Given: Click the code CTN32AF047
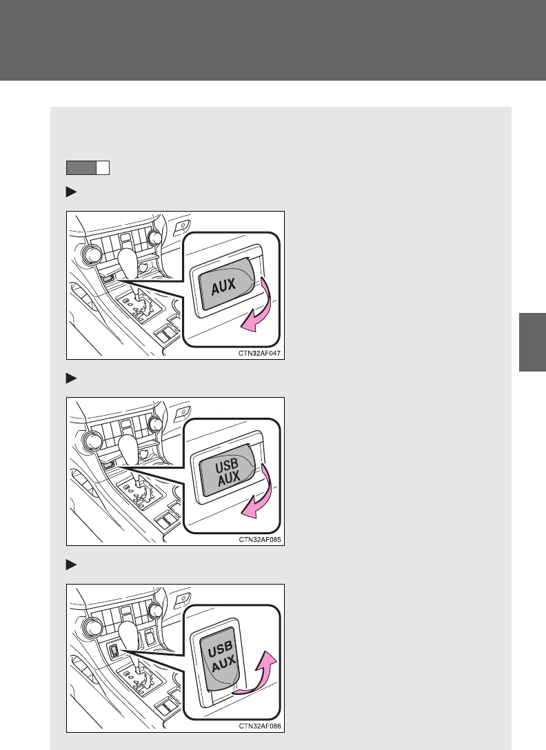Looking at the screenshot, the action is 259,354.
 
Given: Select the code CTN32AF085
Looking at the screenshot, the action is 259,540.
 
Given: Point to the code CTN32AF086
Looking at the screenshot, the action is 259,726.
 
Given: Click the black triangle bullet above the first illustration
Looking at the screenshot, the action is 71,192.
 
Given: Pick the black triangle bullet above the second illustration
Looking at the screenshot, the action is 71,378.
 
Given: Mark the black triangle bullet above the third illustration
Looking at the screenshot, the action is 71,565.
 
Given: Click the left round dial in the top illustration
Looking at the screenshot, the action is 92,254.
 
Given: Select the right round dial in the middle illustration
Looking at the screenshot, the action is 155,424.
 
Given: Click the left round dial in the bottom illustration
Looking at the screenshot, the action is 92,627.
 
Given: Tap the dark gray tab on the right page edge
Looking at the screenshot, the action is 533,342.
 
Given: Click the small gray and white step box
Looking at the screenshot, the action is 88,168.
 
